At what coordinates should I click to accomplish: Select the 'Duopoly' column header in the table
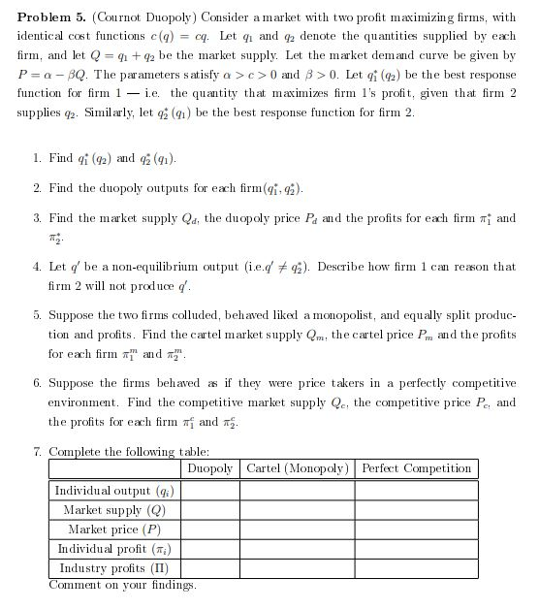click(209, 468)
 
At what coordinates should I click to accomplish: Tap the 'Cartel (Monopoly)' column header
click(297, 468)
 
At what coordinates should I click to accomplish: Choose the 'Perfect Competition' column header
click(416, 468)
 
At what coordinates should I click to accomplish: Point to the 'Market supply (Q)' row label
click(115, 509)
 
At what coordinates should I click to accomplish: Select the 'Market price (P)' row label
click(115, 529)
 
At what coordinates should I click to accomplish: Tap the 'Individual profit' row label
click(115, 548)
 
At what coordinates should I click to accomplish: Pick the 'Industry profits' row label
click(115, 567)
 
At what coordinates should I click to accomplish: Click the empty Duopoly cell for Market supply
click(209, 509)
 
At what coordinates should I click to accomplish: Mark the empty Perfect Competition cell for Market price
click(416, 529)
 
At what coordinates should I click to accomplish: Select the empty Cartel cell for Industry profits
click(297, 567)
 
